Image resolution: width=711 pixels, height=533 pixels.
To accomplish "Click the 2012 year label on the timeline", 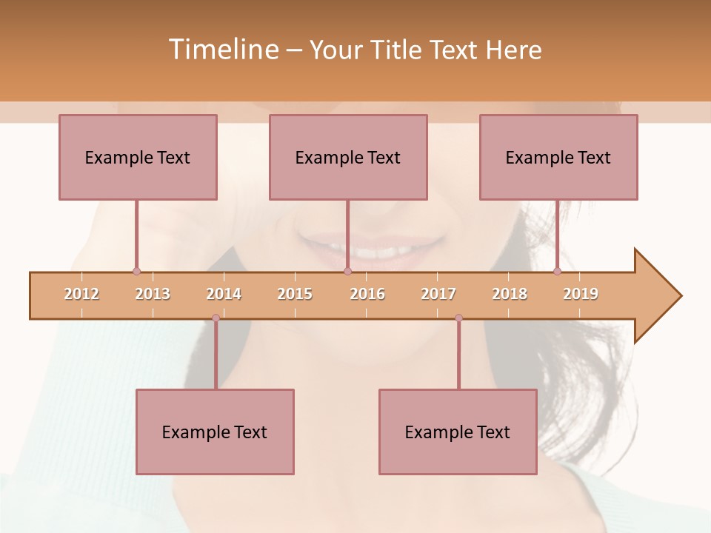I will (81, 294).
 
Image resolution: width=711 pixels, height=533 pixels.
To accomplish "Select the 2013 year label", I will (153, 294).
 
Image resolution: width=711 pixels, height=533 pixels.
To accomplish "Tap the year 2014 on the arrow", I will (224, 294).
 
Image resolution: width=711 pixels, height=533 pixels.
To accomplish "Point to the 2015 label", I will (295, 294).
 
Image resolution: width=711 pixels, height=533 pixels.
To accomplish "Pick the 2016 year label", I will (367, 294).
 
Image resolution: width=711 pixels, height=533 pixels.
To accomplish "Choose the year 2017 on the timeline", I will (438, 294).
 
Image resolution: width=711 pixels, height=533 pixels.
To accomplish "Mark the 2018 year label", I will (510, 294).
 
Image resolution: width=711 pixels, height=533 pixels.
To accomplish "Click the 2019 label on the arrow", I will (581, 294).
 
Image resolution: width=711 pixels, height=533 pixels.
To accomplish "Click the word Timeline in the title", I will (221, 50).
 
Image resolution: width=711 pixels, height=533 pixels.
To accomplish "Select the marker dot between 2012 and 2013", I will (136, 271).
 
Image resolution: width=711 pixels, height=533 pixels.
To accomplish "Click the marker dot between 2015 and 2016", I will (347, 271).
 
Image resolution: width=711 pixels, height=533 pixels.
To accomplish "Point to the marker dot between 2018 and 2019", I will (557, 271).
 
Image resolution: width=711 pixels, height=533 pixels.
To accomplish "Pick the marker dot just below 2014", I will (216, 318).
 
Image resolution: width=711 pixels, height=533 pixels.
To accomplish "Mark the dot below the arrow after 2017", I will (458, 318).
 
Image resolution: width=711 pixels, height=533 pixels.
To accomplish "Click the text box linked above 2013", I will (138, 157).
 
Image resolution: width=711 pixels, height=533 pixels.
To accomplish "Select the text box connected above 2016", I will (348, 157).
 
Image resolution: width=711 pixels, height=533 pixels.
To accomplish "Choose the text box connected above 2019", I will (558, 157).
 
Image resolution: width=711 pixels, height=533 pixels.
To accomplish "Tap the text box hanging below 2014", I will (215, 432).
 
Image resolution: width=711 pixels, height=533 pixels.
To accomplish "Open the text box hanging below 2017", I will (458, 432).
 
